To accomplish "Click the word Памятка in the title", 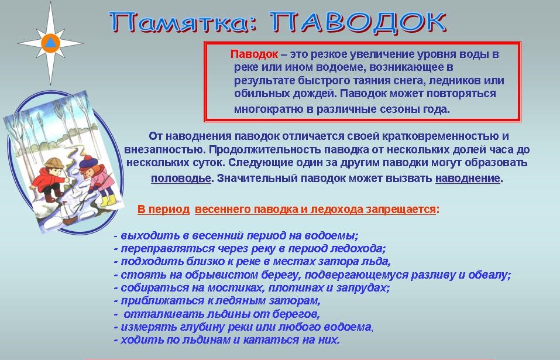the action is click(183, 22).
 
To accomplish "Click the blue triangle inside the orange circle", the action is click(51, 43).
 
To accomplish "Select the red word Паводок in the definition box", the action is click(254, 54).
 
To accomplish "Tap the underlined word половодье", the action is click(181, 178).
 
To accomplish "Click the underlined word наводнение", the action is click(468, 178).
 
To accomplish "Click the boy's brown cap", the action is click(54, 163).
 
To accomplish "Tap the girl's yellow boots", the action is click(108, 200).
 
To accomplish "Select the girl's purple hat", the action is click(88, 163).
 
